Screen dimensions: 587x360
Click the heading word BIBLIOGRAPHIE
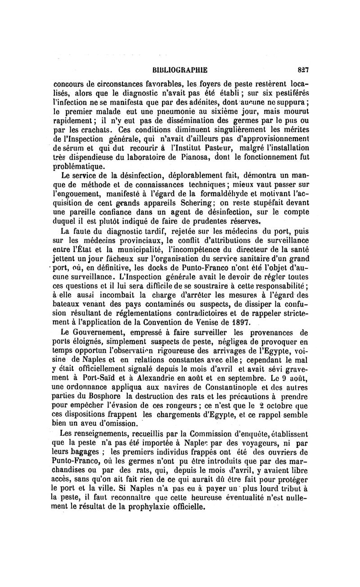tap(180, 70)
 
